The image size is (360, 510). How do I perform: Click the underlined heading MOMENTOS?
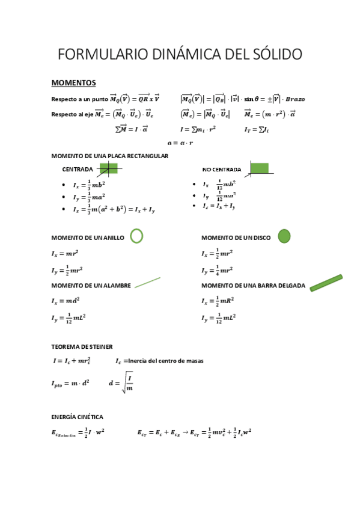click(73, 82)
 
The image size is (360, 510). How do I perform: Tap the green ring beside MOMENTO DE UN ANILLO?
click(136, 236)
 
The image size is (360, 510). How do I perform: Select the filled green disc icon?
click(284, 236)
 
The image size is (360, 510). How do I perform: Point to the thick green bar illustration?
click(326, 283)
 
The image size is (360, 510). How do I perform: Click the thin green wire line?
click(147, 283)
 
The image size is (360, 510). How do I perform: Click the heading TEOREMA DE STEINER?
click(82, 346)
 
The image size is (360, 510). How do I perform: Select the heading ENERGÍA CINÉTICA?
click(77, 416)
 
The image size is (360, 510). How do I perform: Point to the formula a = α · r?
click(180, 143)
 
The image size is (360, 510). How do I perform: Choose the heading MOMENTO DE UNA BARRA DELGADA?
click(253, 285)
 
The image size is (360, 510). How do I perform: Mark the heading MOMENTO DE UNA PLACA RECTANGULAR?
click(109, 156)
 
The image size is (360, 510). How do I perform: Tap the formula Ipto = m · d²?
click(70, 382)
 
